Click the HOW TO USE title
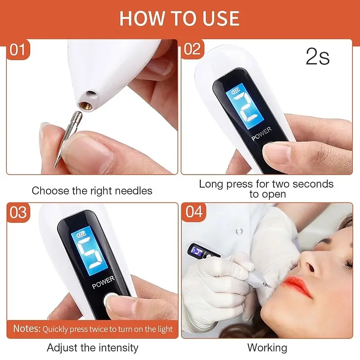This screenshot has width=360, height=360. pyautogui.click(x=180, y=18)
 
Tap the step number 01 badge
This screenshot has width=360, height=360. pyautogui.click(x=18, y=49)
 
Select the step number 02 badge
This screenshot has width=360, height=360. pyautogui.click(x=192, y=49)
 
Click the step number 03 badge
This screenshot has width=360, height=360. pyautogui.click(x=18, y=212)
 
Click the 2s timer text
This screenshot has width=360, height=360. pyautogui.click(x=318, y=57)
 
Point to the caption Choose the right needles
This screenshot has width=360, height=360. pyautogui.click(x=92, y=190)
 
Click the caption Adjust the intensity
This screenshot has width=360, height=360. pyautogui.click(x=92, y=348)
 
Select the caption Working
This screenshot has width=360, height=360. pyautogui.click(x=267, y=348)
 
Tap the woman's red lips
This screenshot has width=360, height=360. pyautogui.click(x=297, y=286)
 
